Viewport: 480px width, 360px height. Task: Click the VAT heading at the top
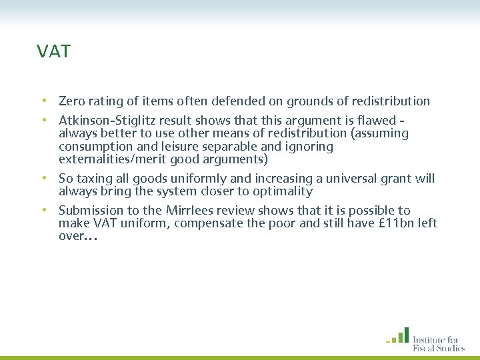point(54,51)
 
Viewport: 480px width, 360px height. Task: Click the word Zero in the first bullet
point(71,101)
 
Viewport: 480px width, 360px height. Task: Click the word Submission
point(91,211)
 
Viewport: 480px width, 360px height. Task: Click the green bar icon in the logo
point(398,335)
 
